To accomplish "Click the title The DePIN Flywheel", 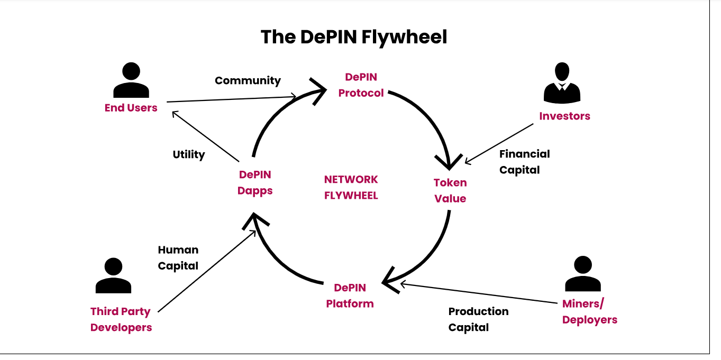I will tap(353, 37).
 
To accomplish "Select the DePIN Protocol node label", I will tap(361, 85).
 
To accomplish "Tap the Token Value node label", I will tap(450, 190).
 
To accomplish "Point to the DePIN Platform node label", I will tap(350, 296).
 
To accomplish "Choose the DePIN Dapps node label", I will tap(255, 182).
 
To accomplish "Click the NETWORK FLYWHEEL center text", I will tap(351, 188).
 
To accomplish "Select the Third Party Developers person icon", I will tap(113, 275).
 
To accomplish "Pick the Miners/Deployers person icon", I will tap(583, 274).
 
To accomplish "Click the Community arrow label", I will tap(248, 81).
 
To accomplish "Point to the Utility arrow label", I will tap(189, 155).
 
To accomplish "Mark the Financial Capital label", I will tap(524, 162).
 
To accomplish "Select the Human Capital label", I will tap(178, 257).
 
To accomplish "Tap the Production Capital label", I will tap(478, 319).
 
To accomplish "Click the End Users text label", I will tap(131, 108).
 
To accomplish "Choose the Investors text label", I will tap(564, 116).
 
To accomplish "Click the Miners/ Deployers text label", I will tap(589, 312).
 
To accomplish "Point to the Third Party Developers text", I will tap(121, 319).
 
